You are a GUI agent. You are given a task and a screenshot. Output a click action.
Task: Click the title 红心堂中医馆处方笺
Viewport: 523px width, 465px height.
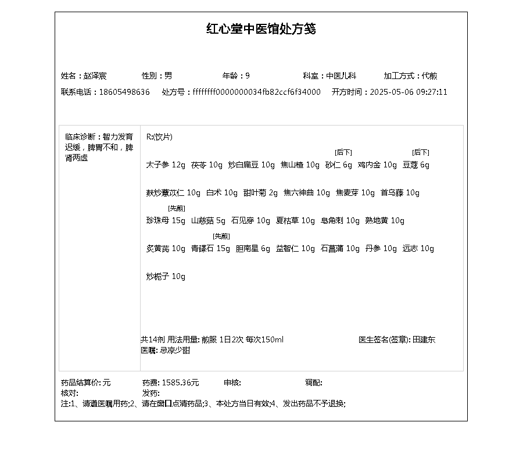(x=261, y=29)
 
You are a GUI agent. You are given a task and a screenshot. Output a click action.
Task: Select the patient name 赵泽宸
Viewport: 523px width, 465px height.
(x=95, y=76)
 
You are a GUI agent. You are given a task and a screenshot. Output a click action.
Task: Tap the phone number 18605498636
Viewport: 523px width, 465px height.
(x=124, y=92)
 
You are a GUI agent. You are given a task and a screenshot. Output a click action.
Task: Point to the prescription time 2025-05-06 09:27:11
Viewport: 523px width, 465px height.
(x=409, y=92)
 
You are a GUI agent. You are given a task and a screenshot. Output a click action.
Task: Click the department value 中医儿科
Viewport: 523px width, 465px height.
(x=341, y=76)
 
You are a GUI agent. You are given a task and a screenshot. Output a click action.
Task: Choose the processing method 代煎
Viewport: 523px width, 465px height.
(x=429, y=76)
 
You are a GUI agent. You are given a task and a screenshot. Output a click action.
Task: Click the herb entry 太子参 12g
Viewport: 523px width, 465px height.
(x=166, y=164)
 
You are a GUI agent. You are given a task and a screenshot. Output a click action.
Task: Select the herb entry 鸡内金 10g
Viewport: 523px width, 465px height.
(x=377, y=164)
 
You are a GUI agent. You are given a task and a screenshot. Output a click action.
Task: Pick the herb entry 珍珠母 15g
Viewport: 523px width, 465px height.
(x=166, y=220)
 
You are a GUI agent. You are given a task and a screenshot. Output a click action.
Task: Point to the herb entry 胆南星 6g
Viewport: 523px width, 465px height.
(x=253, y=248)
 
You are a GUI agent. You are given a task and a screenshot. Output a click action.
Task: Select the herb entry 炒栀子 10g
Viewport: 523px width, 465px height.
(x=166, y=276)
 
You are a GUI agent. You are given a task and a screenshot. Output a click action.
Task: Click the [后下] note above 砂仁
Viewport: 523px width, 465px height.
(x=343, y=152)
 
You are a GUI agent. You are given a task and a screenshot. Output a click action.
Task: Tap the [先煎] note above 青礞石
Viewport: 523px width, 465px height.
(x=221, y=236)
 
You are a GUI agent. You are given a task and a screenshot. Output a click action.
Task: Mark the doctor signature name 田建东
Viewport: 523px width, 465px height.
(x=424, y=339)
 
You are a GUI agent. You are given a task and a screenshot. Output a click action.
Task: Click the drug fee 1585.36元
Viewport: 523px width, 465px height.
(x=180, y=382)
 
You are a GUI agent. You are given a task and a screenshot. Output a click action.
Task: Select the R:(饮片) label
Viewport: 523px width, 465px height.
(x=159, y=137)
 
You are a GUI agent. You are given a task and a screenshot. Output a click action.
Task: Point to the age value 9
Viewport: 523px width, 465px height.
(x=248, y=76)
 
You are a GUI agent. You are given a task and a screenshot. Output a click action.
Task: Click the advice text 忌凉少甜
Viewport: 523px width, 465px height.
(x=174, y=350)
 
